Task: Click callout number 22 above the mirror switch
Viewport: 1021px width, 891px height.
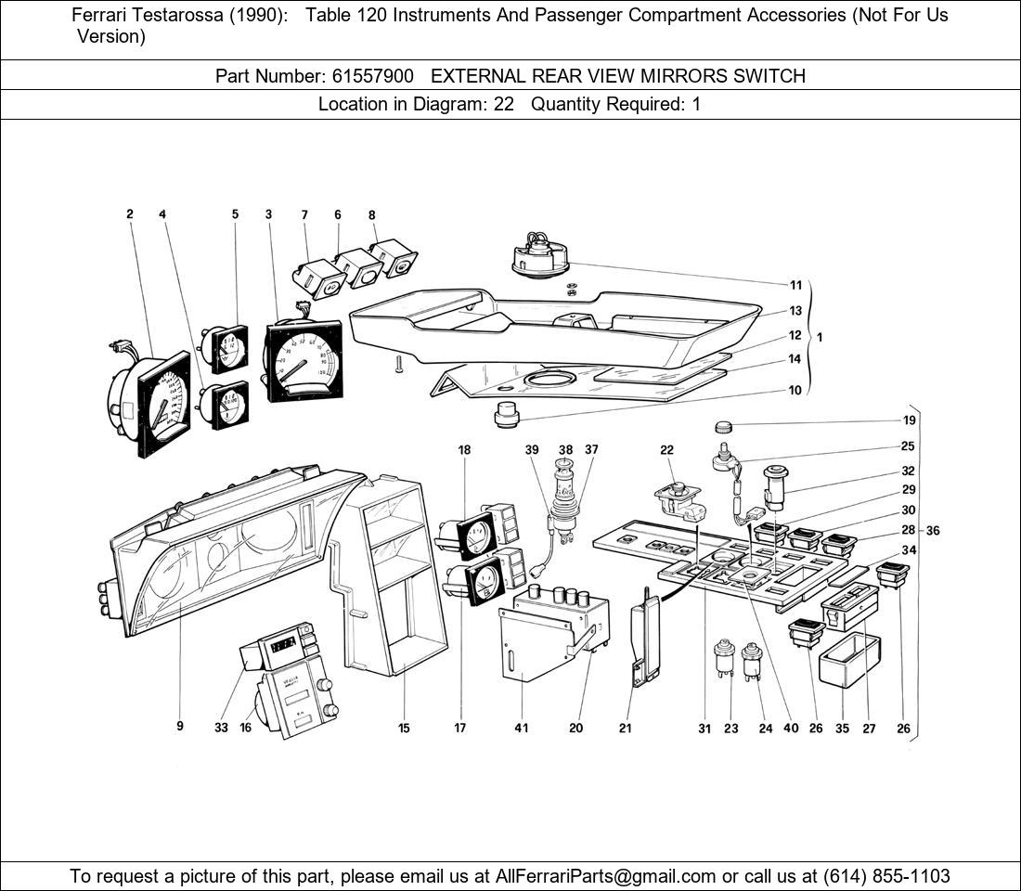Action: pyautogui.click(x=666, y=450)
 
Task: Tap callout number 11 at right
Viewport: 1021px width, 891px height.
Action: pyautogui.click(x=795, y=285)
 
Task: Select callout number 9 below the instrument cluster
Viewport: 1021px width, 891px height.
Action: pyautogui.click(x=180, y=727)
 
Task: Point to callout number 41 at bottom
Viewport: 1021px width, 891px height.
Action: pyautogui.click(x=521, y=728)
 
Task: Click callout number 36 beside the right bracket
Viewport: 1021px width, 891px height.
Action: pyautogui.click(x=933, y=531)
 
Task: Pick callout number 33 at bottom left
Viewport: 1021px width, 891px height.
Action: pyautogui.click(x=221, y=728)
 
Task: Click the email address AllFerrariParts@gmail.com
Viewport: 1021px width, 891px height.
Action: pyautogui.click(x=606, y=876)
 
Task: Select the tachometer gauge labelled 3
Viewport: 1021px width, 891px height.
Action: pyautogui.click(x=304, y=360)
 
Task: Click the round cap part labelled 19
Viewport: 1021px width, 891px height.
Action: pyautogui.click(x=725, y=427)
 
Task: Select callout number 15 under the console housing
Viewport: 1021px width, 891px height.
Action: pyautogui.click(x=404, y=728)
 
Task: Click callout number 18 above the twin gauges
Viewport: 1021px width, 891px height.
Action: pyautogui.click(x=464, y=450)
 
